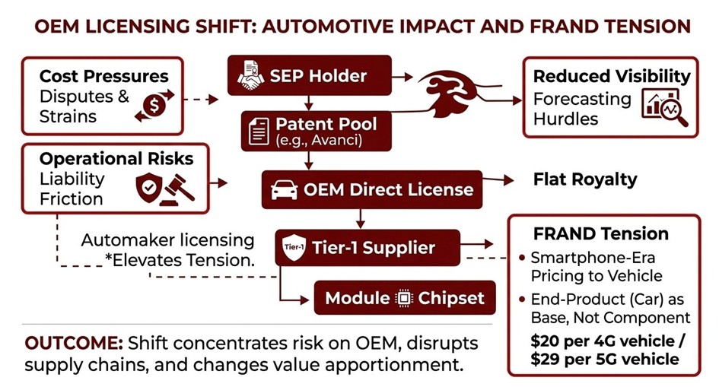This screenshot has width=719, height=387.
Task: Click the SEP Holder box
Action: pyautogui.click(x=309, y=75)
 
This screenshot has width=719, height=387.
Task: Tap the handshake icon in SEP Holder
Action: pyautogui.click(x=250, y=76)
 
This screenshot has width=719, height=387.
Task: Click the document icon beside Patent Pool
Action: pyautogui.click(x=259, y=132)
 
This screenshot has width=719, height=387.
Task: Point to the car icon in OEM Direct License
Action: pyautogui.click(x=285, y=189)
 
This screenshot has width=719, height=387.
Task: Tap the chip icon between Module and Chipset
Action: pyautogui.click(x=403, y=298)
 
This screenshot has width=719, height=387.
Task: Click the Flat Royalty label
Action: pyautogui.click(x=586, y=180)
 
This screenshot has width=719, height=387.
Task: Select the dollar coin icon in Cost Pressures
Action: pyautogui.click(x=154, y=105)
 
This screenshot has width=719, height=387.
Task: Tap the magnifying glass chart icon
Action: pyautogui.click(x=665, y=107)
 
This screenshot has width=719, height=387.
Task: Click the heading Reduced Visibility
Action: pyautogui.click(x=611, y=76)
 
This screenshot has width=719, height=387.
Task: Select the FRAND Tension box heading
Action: pyautogui.click(x=601, y=233)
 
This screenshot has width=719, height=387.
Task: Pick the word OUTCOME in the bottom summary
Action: pyautogui.click(x=72, y=341)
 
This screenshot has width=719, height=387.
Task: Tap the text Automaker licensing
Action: pyautogui.click(x=167, y=240)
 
